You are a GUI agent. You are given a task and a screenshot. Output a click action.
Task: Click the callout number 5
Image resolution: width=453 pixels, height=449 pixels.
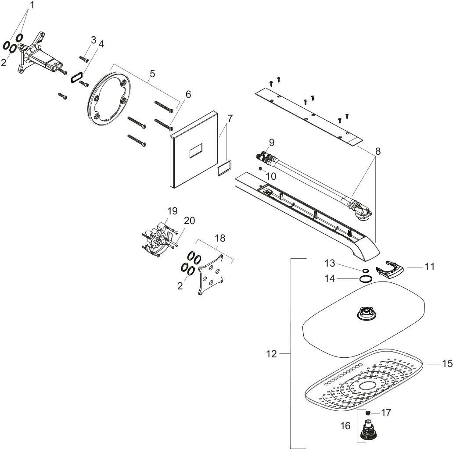pos(152,74)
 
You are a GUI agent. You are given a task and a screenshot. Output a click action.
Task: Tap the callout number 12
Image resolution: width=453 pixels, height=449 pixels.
pos(272,353)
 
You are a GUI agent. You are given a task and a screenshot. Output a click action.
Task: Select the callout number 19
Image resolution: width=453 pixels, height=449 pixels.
pos(173,211)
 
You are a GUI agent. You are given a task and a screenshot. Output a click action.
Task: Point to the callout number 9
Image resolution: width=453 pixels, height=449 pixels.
pos(271,143)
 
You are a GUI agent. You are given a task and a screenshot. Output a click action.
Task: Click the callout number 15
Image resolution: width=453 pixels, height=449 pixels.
pos(447,363)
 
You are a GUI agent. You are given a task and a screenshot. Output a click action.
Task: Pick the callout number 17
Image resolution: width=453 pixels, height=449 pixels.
pos(386,413)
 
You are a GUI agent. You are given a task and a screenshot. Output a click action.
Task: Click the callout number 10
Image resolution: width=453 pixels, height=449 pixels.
pos(271,176)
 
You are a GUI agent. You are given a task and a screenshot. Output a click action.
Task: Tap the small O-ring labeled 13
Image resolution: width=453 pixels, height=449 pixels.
pos(365,271)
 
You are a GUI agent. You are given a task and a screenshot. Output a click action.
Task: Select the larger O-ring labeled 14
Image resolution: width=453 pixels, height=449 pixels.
pos(366,279)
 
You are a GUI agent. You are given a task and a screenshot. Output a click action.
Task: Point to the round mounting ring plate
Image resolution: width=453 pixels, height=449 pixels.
pos(109,99)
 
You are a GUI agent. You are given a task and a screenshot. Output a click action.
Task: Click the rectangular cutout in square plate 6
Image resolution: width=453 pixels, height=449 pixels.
pos(197,152)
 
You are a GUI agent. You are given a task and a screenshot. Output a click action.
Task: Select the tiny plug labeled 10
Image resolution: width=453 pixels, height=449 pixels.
pos(260,168)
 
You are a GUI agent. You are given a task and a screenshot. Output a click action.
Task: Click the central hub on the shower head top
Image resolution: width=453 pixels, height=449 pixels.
pos(366,313)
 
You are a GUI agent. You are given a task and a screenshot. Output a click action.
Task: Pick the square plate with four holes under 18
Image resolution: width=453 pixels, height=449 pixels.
pos(211,274)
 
